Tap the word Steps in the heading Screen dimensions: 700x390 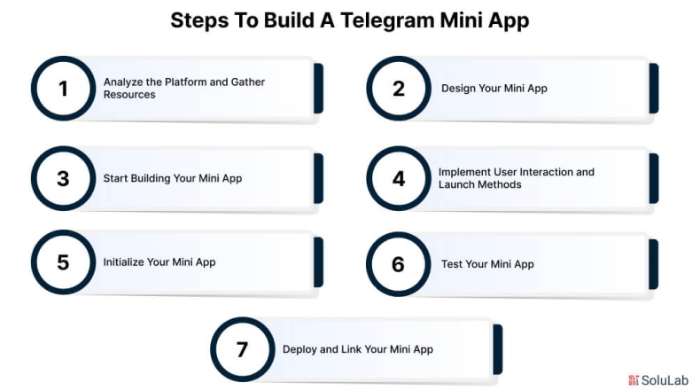coord(199,21)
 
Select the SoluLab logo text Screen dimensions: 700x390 coord(665,380)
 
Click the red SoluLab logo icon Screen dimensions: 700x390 coord(634,380)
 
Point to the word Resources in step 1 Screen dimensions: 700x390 coord(129,95)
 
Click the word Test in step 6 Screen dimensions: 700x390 coord(452,264)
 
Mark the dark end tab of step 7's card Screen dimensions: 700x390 coord(498,349)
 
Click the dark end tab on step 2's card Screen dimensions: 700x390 coord(654,88)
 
